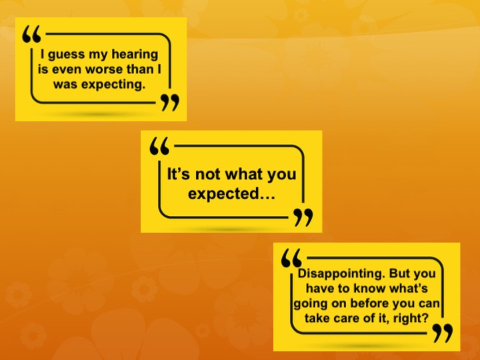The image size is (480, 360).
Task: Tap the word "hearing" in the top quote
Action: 135,55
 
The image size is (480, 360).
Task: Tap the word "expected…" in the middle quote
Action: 231,194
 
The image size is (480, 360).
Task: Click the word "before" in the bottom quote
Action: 369,303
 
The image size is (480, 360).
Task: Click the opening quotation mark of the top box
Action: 31,34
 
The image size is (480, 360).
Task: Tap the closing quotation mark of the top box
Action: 170,102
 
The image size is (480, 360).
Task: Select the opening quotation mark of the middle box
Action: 159,146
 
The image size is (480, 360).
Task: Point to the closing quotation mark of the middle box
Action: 303,217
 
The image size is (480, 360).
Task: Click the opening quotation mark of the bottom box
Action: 291,258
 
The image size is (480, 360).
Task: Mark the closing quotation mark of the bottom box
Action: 443,333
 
